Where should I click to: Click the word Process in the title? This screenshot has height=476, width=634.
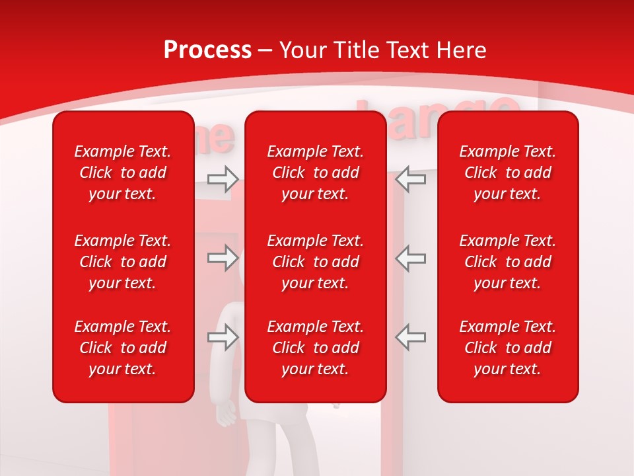[207, 50]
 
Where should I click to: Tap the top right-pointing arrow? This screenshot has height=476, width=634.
[223, 178]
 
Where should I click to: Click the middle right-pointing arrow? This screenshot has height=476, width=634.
[223, 258]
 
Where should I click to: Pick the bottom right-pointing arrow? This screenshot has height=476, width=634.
[223, 337]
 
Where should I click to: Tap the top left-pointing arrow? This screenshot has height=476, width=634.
[411, 178]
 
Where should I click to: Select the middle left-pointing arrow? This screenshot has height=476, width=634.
[411, 258]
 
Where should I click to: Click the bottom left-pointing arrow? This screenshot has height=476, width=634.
[411, 337]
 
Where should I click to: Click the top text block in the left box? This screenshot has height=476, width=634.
[123, 173]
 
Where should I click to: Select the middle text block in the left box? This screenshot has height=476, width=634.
[123, 262]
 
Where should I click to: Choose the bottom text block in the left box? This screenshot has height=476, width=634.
[123, 348]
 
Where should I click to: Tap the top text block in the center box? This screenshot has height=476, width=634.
[315, 173]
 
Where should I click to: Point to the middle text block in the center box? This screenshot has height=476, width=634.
[315, 262]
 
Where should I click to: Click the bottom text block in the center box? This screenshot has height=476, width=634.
[315, 348]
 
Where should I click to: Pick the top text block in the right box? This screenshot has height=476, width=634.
[507, 173]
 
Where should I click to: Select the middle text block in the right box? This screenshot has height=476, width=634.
[507, 262]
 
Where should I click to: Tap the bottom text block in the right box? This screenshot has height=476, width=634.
[507, 348]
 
